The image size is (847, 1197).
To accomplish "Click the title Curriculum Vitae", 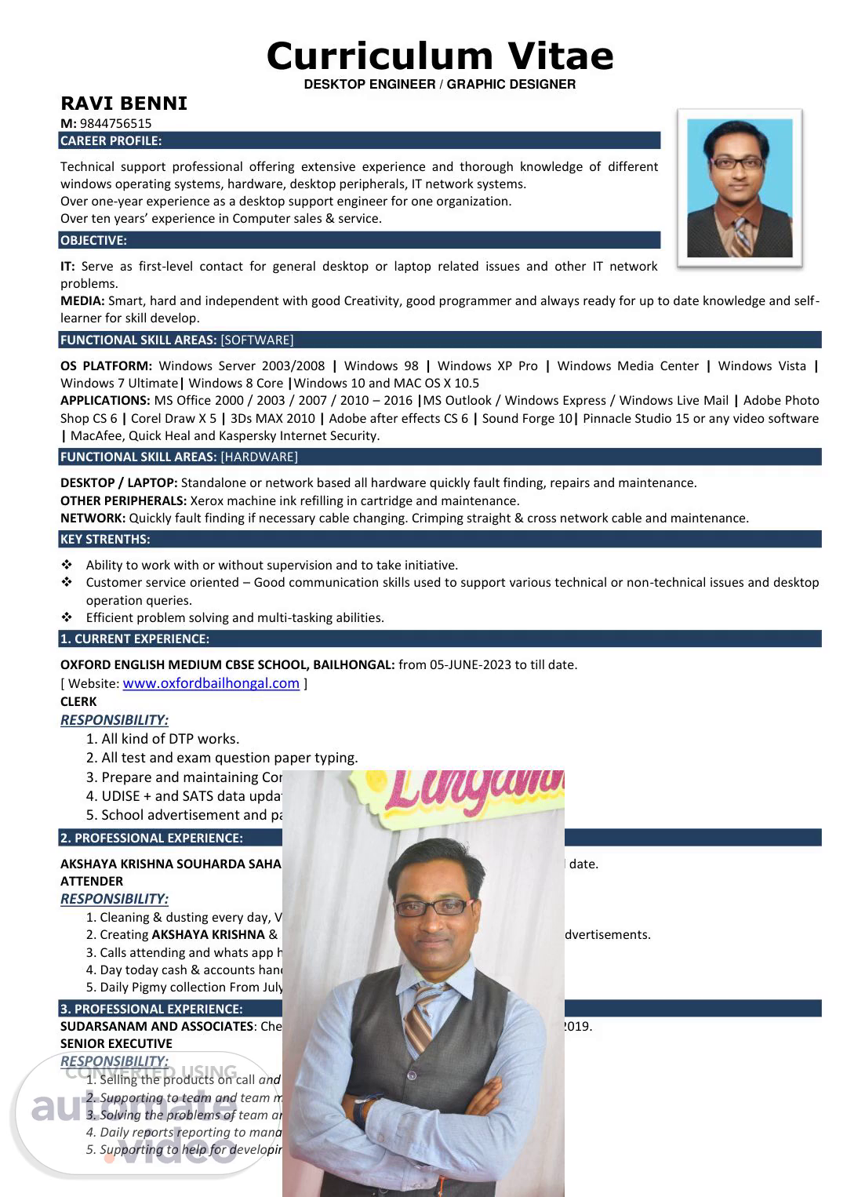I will point(440,56).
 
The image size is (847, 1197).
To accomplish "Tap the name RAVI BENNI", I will point(124,104).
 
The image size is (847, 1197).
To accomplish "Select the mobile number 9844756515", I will point(115,123).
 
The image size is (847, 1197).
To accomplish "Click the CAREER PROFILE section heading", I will point(111,141).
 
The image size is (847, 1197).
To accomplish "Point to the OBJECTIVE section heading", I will point(93,241).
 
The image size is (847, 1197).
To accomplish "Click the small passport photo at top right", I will point(740,188).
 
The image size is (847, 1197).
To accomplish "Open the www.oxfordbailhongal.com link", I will point(211,683).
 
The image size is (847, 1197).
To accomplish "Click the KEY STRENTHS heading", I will point(105,540).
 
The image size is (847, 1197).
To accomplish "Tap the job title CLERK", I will point(78,701).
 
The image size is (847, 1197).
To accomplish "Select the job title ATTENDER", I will point(92,881).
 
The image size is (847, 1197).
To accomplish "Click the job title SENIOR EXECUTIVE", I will point(116,1043).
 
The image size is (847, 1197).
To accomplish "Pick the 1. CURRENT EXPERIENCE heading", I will point(135,639).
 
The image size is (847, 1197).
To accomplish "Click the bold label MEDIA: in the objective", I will point(82,301).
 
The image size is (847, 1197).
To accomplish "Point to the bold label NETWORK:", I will point(93,518).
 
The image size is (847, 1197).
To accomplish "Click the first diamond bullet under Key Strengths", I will point(67,565).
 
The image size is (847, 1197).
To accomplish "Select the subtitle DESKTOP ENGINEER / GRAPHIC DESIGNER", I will point(439,84).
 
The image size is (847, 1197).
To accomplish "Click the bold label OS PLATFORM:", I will point(106,366).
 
